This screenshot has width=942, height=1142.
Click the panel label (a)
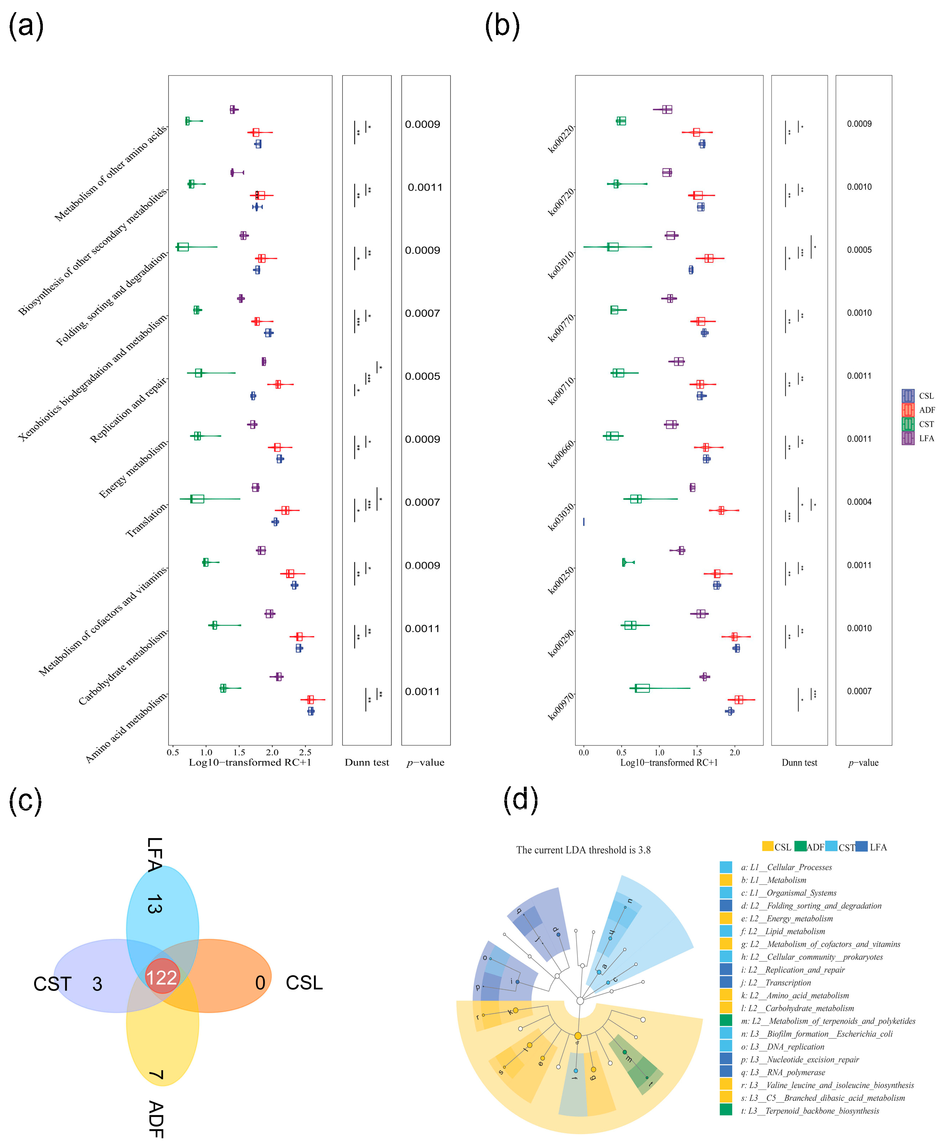tap(26, 26)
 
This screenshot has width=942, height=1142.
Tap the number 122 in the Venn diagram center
tap(162, 978)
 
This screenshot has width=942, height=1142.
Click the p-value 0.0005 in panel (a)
tap(422, 376)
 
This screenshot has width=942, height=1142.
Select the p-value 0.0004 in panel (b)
tap(859, 502)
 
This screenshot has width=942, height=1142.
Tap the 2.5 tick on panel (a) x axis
tap(306, 752)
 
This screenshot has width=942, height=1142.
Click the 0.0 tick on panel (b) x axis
tap(583, 752)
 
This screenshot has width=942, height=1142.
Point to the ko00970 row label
tap(561, 706)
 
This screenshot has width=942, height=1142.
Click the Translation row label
tap(146, 520)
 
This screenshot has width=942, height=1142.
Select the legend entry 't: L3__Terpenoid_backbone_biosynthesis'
tap(810, 1111)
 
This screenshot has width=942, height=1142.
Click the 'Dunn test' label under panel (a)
tap(367, 763)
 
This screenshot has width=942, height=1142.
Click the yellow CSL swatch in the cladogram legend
tap(767, 846)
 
